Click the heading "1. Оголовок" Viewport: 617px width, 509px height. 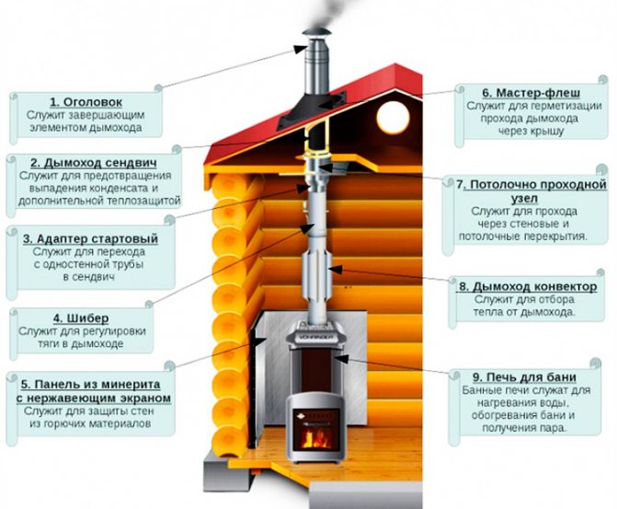click(x=86, y=102)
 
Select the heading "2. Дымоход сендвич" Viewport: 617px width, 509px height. click(x=94, y=163)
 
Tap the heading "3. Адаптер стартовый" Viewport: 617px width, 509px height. click(x=90, y=238)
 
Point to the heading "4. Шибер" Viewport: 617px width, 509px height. click(x=81, y=318)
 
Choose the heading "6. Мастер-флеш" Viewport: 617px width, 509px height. click(x=531, y=93)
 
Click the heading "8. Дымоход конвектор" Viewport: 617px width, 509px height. click(x=528, y=286)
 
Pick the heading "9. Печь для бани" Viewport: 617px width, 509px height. click(x=524, y=377)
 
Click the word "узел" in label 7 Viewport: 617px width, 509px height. click(x=524, y=198)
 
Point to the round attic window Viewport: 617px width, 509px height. click(x=393, y=118)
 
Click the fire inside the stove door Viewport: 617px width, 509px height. click(x=316, y=437)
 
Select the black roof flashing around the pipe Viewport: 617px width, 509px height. click(x=312, y=111)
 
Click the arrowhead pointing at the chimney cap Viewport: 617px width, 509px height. click(x=301, y=49)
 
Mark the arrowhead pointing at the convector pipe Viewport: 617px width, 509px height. click(x=335, y=270)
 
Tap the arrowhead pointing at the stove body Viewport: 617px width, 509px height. click(x=341, y=359)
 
